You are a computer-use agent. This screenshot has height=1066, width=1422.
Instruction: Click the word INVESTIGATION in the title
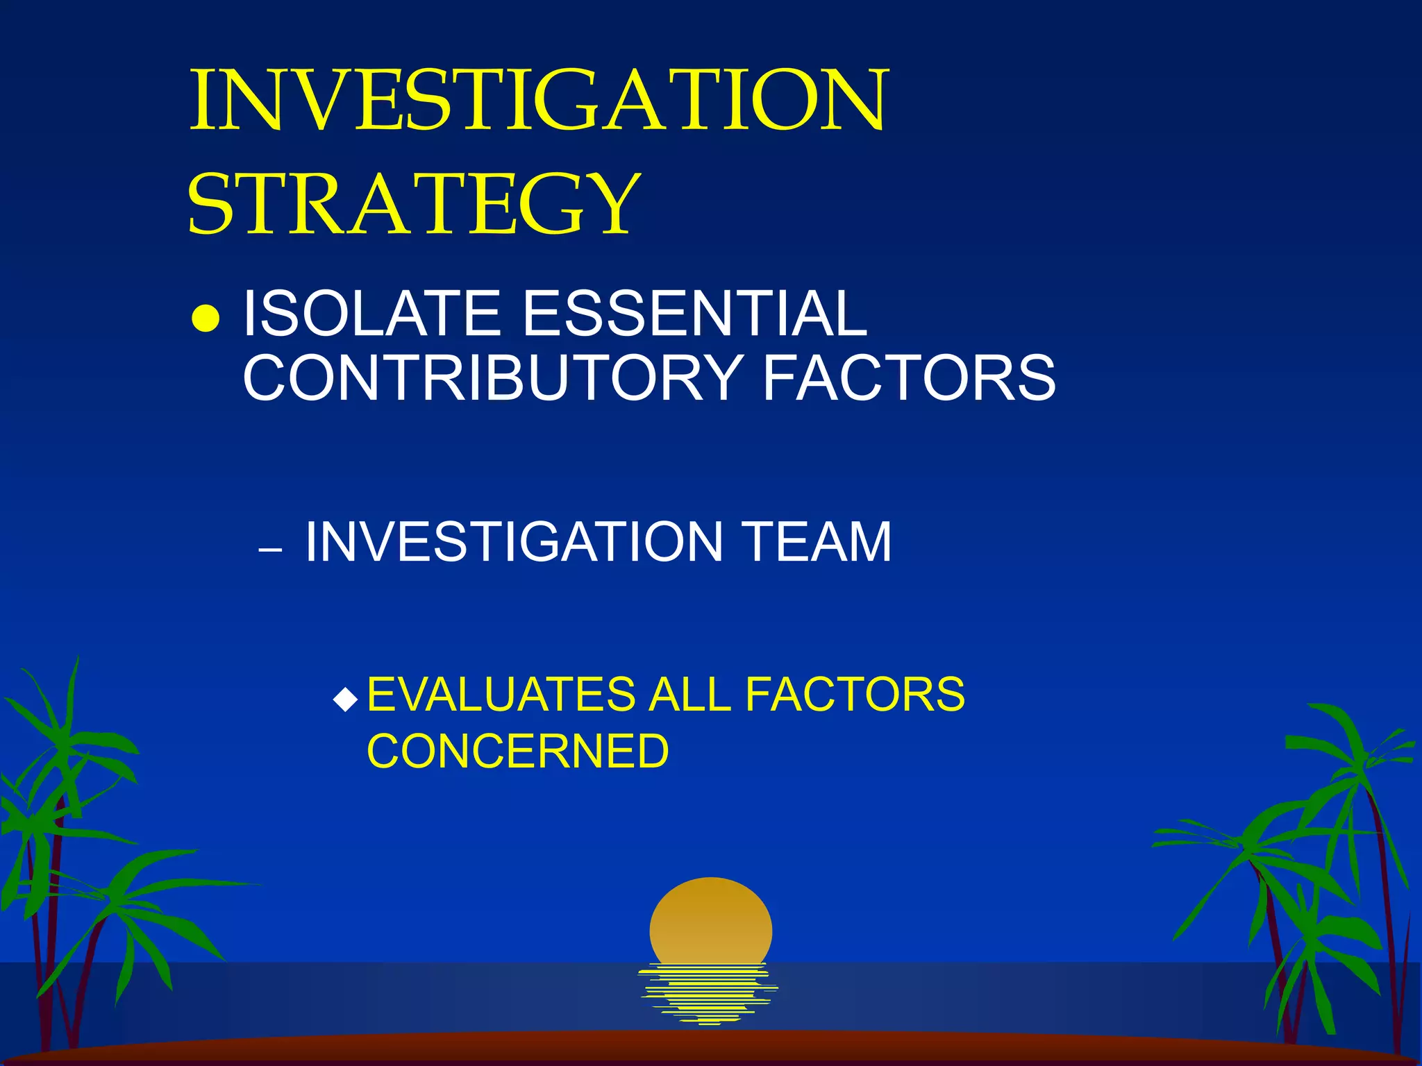(539, 101)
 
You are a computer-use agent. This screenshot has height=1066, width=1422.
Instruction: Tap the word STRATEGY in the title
(414, 204)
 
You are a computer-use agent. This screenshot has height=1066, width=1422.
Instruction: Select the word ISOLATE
(371, 314)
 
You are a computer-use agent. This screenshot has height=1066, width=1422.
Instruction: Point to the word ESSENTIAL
(694, 314)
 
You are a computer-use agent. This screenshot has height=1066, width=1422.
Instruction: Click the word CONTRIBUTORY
(493, 378)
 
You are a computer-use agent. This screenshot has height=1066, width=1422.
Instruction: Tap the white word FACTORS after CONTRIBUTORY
(910, 378)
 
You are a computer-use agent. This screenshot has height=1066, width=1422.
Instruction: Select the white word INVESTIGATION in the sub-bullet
(515, 542)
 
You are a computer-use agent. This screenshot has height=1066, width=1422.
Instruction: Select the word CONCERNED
(518, 752)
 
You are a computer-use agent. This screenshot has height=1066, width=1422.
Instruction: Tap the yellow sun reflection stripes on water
(708, 993)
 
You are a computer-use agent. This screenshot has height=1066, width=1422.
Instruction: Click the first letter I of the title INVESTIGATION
(202, 101)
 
